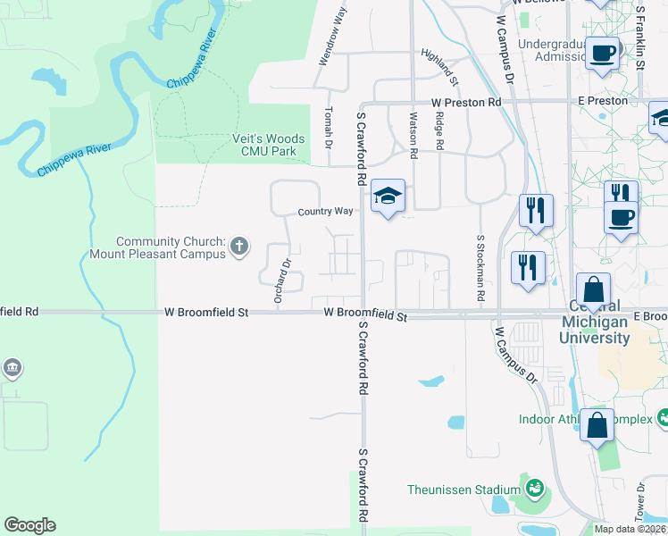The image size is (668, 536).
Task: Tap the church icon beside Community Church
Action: pyautogui.click(x=239, y=246)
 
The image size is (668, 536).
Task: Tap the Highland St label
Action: pyautogui.click(x=438, y=67)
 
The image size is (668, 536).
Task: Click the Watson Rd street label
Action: pyautogui.click(x=413, y=134)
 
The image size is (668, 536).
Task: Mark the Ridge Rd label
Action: pyautogui.click(x=439, y=130)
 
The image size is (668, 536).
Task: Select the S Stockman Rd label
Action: pyautogui.click(x=480, y=267)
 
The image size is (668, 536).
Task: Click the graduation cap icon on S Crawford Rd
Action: pyautogui.click(x=388, y=197)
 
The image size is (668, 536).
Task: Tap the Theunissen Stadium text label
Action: pyautogui.click(x=463, y=490)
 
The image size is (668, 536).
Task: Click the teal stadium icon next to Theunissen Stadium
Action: pyautogui.click(x=535, y=489)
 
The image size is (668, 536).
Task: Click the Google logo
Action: pyautogui.click(x=29, y=525)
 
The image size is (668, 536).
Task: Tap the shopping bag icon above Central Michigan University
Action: pyautogui.click(x=594, y=290)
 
